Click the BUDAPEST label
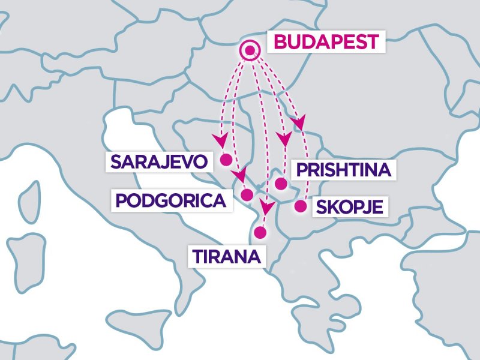click(326, 43)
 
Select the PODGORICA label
click(173, 200)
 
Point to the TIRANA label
click(226, 256)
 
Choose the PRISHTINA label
click(344, 170)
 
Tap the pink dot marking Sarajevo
click(226, 160)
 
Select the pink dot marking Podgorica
click(247, 194)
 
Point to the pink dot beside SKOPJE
click(300, 207)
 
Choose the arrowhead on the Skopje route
click(298, 122)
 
